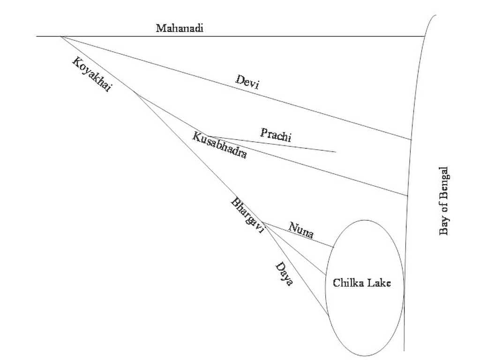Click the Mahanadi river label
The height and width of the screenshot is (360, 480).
point(180,28)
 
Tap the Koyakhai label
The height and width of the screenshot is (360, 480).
point(91,75)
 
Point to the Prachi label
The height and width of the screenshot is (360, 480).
point(276,135)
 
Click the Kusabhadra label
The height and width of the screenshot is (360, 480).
point(219,145)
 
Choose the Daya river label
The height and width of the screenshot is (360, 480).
point(284,273)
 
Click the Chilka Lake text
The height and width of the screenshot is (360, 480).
point(361,283)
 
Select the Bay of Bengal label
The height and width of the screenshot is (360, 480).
point(443,201)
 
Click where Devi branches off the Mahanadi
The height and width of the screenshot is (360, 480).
point(60,37)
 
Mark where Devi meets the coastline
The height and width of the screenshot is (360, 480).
point(411,140)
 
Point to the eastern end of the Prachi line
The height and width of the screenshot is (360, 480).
point(336,151)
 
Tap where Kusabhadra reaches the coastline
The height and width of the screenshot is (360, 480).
point(407,195)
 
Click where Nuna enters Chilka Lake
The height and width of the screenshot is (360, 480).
point(333,247)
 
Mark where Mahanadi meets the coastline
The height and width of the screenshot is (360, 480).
point(424,37)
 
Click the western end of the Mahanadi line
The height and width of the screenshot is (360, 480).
point(37,37)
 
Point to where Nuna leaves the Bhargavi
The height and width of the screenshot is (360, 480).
point(262,223)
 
